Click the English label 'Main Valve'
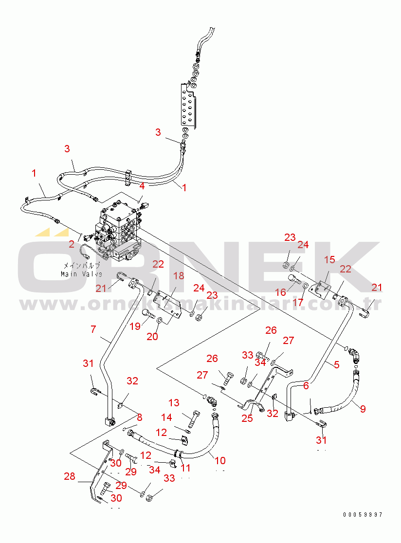pos(81,274)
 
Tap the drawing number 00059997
pos(362,514)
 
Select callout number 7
pos(93,329)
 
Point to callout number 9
pos(363,408)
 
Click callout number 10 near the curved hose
pos(220,460)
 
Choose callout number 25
pos(247,417)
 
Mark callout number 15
pos(330,260)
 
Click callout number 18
pos(179,276)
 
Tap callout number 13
pos(174,402)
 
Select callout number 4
pos(142,185)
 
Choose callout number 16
pos(280,292)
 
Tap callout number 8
pos(139,417)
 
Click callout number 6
pos(306,386)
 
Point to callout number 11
pos(185,468)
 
